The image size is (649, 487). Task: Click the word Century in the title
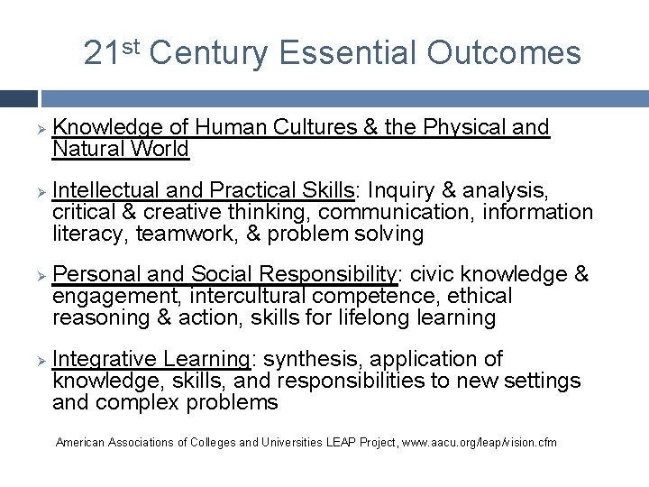[x=208, y=53]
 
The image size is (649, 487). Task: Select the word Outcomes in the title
[x=504, y=53]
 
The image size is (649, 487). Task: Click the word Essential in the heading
[x=348, y=53]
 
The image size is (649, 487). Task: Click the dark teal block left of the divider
[x=18, y=98]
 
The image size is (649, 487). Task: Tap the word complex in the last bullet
[x=138, y=402]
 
